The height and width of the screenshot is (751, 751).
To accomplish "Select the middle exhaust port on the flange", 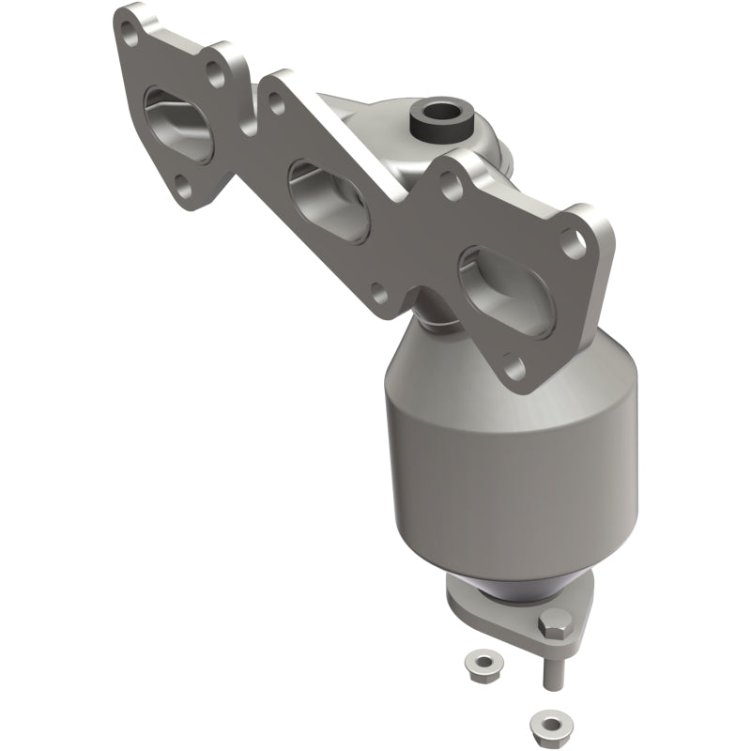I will [x=328, y=197].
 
